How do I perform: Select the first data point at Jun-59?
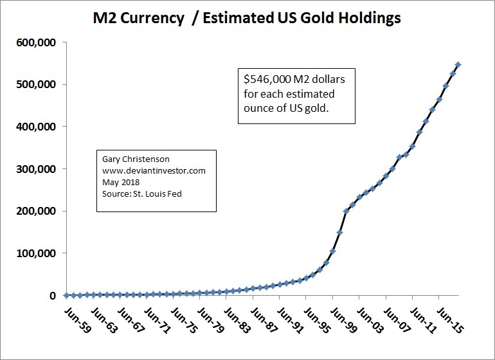(67, 295)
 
